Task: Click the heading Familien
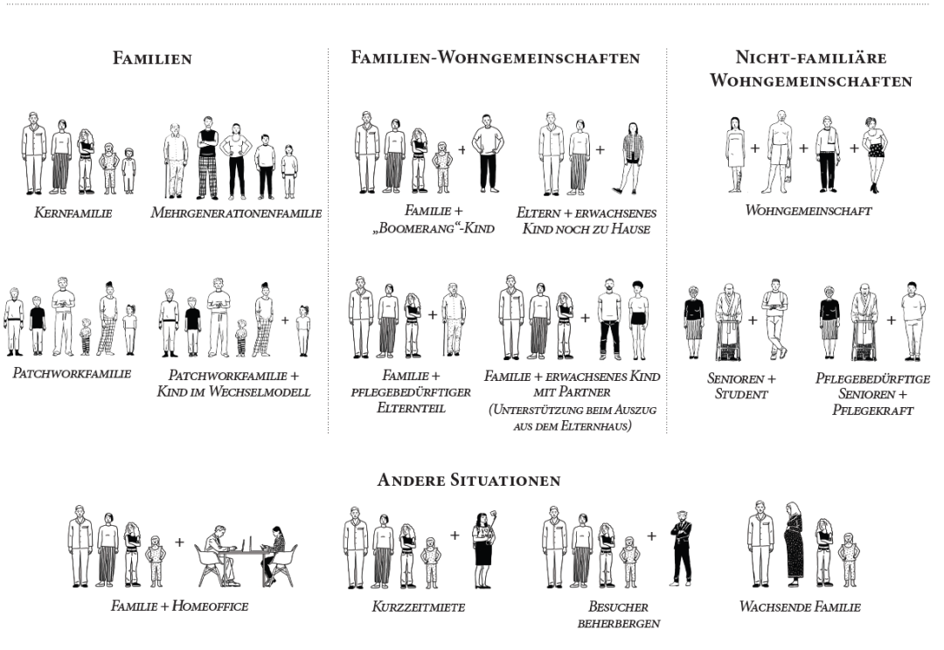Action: (152, 59)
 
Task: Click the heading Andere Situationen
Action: (469, 481)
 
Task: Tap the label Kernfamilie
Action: (73, 212)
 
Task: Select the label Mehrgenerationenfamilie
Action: (236, 212)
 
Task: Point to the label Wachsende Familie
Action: (800, 606)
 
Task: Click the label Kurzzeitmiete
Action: (419, 606)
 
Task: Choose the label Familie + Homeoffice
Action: (179, 605)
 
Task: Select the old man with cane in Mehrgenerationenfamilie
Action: (174, 161)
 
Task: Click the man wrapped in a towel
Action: (781, 152)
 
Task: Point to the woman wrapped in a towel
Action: (736, 154)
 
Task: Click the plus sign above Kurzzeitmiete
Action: (455, 535)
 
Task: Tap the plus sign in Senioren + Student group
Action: (753, 320)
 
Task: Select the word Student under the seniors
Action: (741, 395)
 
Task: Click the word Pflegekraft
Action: (872, 411)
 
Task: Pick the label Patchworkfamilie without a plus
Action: (72, 373)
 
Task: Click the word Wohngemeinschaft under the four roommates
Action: (809, 211)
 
